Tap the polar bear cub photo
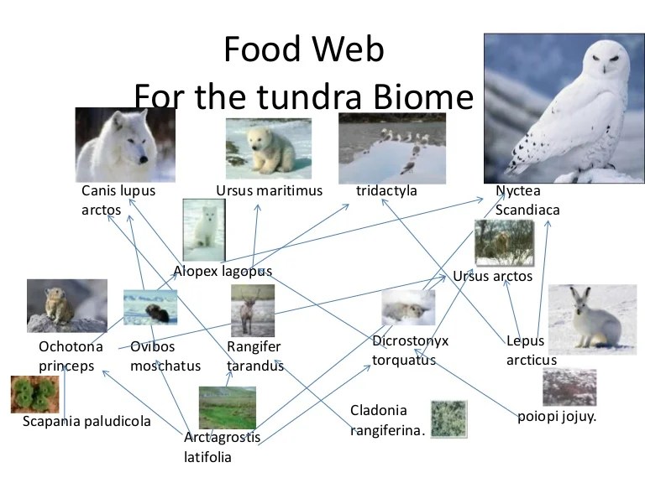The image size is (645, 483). [268, 148]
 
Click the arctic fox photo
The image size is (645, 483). [203, 229]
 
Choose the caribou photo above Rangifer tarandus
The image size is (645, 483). [252, 310]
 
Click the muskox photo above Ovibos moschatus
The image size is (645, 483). [150, 307]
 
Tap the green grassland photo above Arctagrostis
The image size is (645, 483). [227, 408]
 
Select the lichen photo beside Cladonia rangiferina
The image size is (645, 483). [448, 418]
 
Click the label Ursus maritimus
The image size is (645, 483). [269, 191]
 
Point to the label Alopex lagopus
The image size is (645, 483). [223, 271]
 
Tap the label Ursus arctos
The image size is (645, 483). [492, 276]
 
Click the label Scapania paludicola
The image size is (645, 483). [87, 421]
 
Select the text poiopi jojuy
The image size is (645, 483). [557, 415]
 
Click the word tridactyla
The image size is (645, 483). [386, 191]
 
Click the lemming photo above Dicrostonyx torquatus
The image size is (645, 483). [408, 308]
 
